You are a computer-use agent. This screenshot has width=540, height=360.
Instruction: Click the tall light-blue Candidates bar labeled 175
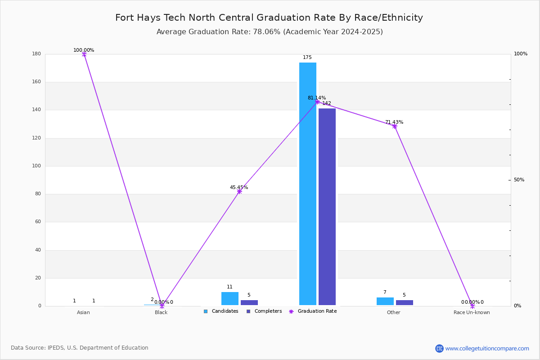pos(308,184)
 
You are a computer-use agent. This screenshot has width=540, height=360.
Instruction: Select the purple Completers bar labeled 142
pos(327,207)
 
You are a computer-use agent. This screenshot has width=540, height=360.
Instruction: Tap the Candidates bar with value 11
pos(230,298)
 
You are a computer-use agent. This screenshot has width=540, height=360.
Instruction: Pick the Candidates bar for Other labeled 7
pos(385,301)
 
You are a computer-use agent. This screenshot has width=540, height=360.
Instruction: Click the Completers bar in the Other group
pos(404,302)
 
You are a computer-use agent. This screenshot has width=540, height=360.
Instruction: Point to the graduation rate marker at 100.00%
pos(84,54)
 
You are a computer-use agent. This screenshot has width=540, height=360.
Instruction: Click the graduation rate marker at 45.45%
pos(239,191)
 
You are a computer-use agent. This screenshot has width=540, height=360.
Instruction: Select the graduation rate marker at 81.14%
pos(317,102)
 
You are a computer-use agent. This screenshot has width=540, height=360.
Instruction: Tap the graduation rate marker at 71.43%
pos(395,126)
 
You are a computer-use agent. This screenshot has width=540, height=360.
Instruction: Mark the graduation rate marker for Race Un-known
pos(472,306)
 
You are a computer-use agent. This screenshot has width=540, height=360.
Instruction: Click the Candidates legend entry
pos(221,311)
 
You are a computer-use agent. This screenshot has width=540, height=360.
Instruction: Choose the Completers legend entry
pos(264,311)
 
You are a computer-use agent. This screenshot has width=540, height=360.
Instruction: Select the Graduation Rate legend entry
pos(313,311)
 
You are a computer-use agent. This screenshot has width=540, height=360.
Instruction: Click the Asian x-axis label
pos(83,312)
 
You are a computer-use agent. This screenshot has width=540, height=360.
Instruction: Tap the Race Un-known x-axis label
pos(472,312)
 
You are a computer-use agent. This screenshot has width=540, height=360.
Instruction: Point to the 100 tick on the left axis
pos(36,166)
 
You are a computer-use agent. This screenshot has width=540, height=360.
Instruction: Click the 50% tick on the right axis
pos(519,180)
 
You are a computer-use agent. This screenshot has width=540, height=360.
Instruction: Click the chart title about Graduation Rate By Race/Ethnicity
pos(269,18)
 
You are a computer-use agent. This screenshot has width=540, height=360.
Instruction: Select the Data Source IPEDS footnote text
pos(80,348)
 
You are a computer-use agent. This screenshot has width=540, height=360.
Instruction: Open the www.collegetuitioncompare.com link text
pos(487,348)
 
